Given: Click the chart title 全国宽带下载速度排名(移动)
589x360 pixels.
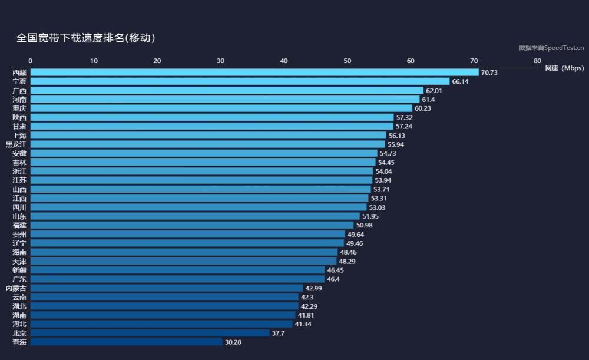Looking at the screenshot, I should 85,38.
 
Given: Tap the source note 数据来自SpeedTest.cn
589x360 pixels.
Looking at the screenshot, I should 551,48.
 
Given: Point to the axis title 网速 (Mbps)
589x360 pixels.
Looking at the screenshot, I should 564,68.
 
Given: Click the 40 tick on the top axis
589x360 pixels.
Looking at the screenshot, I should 284,61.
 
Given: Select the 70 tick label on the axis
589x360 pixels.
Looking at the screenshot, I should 474,61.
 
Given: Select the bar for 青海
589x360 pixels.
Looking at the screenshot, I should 127,342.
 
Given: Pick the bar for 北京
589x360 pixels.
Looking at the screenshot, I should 150,333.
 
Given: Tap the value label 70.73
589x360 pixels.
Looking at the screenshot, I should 489,72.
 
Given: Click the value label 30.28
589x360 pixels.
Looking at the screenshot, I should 233,342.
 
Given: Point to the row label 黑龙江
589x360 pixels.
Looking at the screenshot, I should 16,144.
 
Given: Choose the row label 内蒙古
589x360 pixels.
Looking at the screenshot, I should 16,288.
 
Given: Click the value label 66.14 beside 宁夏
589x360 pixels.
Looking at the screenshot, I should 460,81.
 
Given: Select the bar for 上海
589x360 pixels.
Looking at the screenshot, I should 208,136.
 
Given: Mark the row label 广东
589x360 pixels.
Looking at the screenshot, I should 19,279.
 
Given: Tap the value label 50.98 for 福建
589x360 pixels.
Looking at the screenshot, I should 365,226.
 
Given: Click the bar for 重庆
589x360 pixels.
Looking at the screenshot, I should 221,108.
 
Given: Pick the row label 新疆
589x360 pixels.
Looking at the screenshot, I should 19,270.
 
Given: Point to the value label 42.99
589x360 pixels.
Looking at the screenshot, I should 313,288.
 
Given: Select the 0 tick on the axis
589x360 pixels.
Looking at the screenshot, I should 31,61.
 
